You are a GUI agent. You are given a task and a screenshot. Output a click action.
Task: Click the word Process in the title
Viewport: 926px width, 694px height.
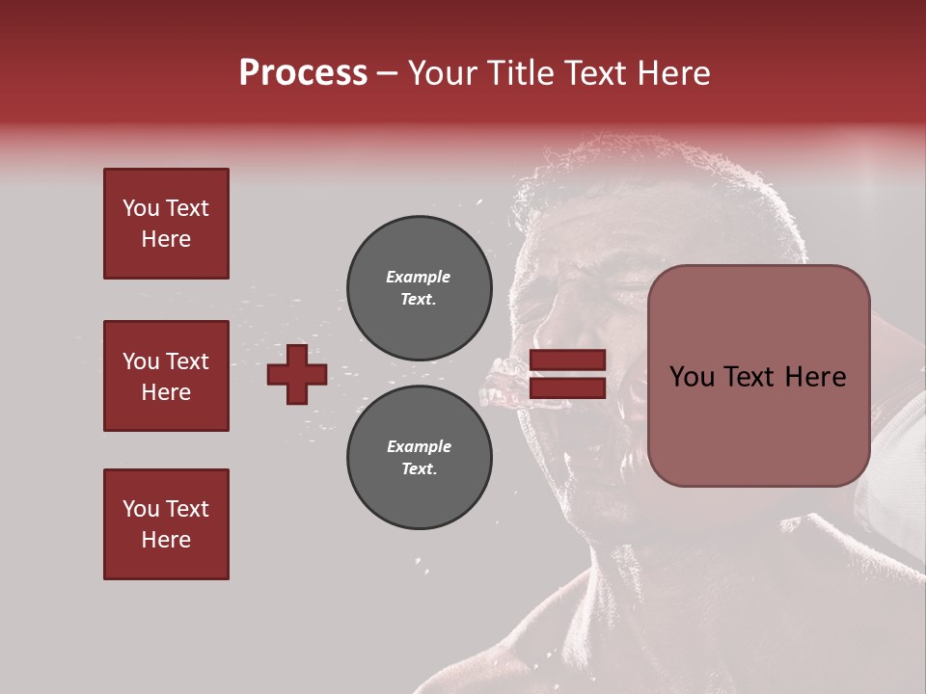click(303, 73)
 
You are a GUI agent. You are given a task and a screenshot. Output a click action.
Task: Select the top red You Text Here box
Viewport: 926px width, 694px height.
click(166, 224)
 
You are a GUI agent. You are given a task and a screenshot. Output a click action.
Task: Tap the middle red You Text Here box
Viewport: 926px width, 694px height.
click(166, 376)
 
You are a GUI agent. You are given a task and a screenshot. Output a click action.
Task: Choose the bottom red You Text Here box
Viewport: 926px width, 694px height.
click(166, 524)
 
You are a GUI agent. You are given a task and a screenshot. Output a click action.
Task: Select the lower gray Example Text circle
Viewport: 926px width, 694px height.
click(419, 458)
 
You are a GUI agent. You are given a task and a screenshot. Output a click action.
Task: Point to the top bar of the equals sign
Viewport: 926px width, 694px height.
click(568, 360)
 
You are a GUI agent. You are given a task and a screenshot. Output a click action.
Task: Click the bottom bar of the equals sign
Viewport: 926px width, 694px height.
click(568, 388)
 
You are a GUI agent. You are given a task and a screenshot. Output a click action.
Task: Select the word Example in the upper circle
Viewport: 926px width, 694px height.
click(419, 277)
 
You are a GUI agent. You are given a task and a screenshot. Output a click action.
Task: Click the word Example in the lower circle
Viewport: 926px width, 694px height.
click(419, 446)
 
